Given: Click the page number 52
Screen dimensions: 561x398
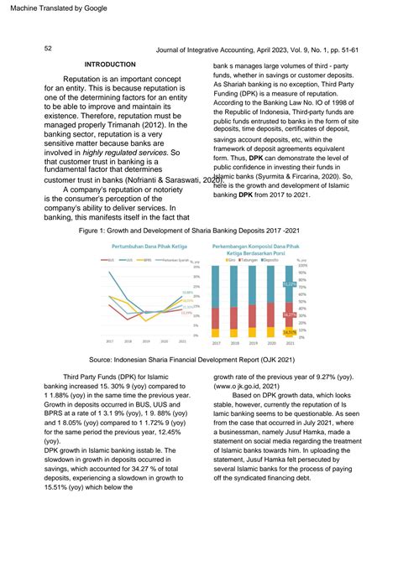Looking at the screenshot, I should (x=48, y=49).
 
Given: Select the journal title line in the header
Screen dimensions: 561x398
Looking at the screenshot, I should (x=270, y=50).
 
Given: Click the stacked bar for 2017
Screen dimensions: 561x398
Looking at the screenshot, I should (x=216, y=302).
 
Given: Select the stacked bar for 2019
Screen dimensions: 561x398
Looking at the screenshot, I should (x=253, y=302).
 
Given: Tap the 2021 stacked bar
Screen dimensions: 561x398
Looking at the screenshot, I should (x=289, y=302).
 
